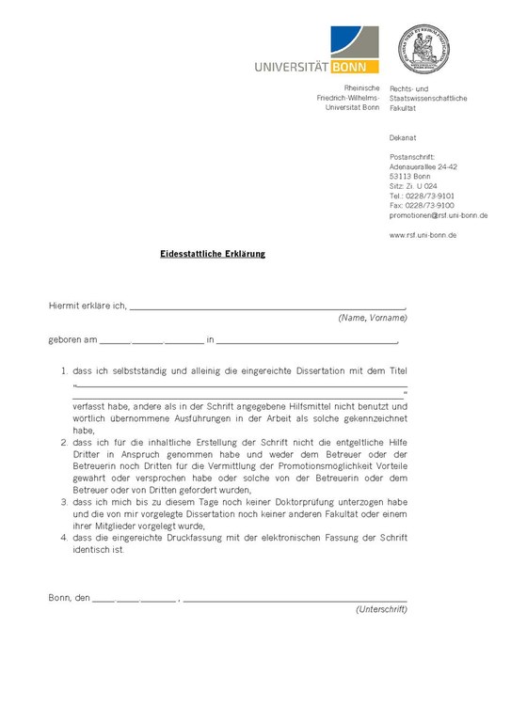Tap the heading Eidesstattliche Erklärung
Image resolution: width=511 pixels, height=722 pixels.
212,254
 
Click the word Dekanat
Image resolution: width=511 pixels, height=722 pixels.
403,137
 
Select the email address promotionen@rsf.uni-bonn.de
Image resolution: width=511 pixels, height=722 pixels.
438,215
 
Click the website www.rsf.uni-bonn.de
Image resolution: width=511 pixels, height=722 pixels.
423,234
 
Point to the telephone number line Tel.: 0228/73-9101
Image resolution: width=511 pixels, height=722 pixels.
421,196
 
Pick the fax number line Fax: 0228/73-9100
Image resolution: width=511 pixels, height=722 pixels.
421,205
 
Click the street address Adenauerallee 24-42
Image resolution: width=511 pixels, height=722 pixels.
423,166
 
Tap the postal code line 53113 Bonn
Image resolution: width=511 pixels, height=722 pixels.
409,176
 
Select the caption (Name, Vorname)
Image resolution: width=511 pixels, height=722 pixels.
372,319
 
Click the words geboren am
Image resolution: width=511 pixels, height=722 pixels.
72,339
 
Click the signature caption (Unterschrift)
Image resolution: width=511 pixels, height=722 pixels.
381,610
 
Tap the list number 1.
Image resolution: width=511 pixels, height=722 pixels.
63,371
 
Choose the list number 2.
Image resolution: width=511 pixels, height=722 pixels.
63,441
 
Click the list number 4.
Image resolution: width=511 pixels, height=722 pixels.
63,537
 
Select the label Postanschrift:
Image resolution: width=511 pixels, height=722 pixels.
412,157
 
